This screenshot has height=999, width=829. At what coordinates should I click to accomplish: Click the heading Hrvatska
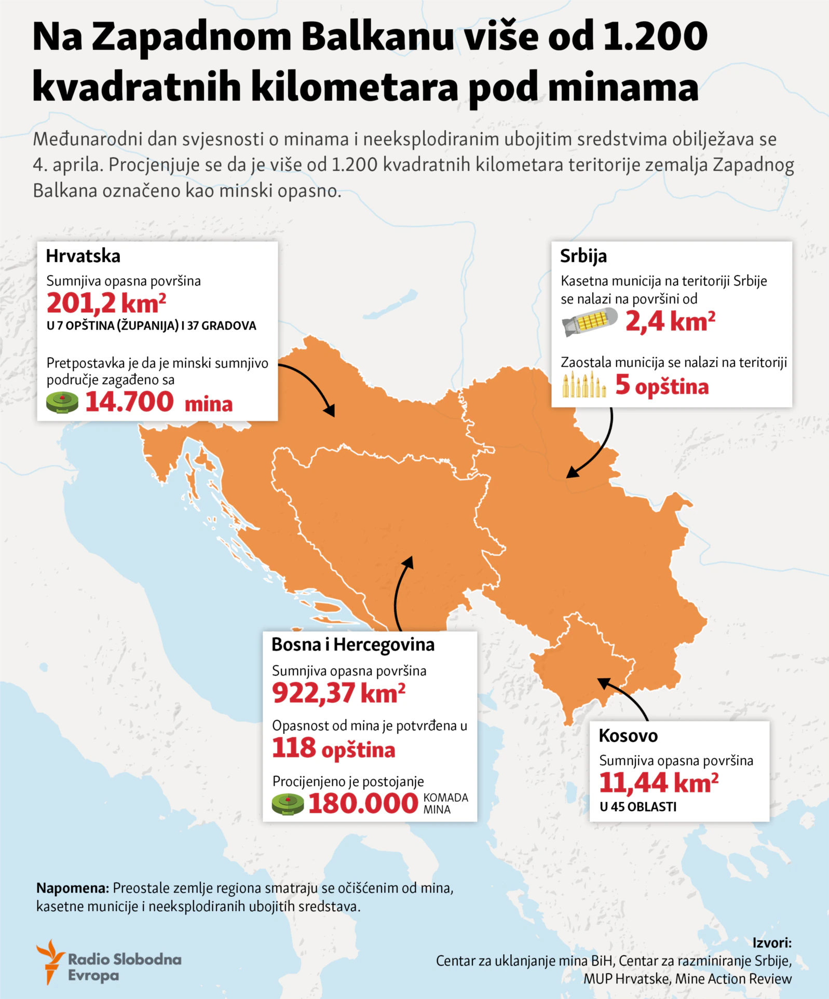point(83,256)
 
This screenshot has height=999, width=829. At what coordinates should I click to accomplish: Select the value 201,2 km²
point(106,303)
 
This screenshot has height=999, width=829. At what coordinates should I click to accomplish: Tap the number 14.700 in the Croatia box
point(129,402)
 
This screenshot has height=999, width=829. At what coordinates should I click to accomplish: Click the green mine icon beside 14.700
point(62,402)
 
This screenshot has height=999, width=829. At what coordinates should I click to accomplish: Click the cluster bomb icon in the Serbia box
point(590,322)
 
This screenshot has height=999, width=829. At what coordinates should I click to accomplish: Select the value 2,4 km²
point(670,321)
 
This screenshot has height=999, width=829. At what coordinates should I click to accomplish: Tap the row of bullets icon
point(584,385)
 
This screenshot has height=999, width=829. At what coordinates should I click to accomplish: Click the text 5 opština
point(662,386)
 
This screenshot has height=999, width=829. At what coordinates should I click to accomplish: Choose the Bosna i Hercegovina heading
point(353,645)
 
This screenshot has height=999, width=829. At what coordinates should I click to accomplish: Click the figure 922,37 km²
point(338,693)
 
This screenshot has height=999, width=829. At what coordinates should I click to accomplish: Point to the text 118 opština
point(333,749)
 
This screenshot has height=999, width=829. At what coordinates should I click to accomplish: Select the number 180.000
point(363,803)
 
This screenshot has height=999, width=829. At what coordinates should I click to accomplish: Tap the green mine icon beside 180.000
point(288,804)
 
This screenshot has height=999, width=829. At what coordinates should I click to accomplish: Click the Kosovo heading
point(628,735)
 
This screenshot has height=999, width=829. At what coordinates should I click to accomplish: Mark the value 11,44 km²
point(659,783)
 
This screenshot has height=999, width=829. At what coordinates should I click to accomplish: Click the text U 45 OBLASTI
point(638,807)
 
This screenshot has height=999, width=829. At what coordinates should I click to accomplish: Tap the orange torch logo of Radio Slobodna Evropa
point(50,961)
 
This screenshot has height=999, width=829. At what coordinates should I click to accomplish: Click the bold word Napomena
point(72,888)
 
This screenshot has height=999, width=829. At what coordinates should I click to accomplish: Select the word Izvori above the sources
point(771,942)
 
